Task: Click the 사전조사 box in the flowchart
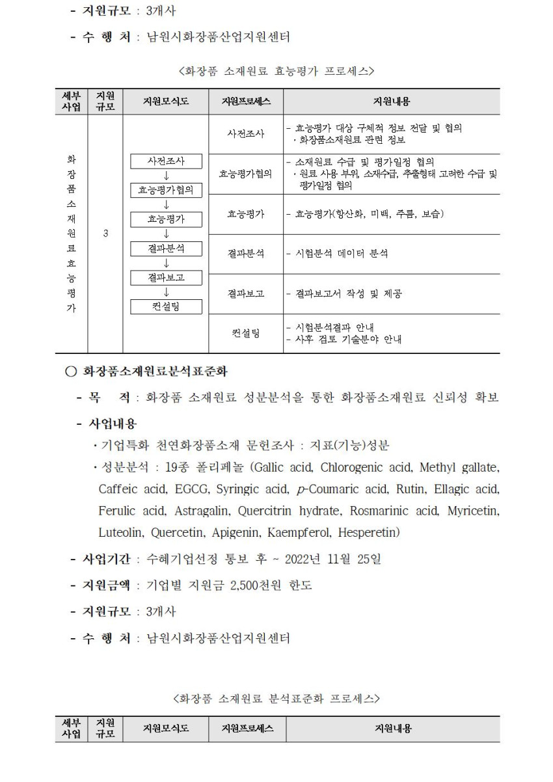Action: (x=166, y=161)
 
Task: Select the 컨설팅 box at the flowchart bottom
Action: (x=166, y=306)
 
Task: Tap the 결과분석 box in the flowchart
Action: (x=166, y=248)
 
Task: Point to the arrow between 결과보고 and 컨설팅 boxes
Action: (x=166, y=293)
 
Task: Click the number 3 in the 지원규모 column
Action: (x=105, y=234)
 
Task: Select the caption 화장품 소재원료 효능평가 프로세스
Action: (x=276, y=70)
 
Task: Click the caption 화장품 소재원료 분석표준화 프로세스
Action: (x=276, y=699)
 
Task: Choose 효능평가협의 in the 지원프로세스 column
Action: (x=245, y=174)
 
